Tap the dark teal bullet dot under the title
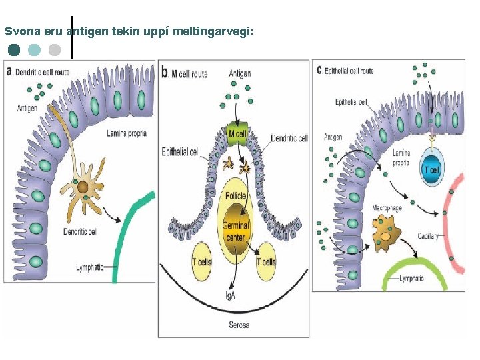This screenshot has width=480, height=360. (x=15, y=49)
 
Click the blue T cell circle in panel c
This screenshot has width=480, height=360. (x=431, y=169)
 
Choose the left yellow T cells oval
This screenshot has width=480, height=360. (x=201, y=262)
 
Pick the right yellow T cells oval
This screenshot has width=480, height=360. (x=266, y=262)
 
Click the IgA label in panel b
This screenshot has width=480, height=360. (x=230, y=295)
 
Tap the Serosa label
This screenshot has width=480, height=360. (x=237, y=325)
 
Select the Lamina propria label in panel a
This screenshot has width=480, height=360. (x=127, y=133)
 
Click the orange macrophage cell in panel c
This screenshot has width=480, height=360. (x=385, y=235)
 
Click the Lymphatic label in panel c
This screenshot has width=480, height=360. (x=411, y=279)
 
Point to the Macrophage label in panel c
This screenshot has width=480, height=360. (x=387, y=209)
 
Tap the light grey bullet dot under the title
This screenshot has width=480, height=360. (x=55, y=49)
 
